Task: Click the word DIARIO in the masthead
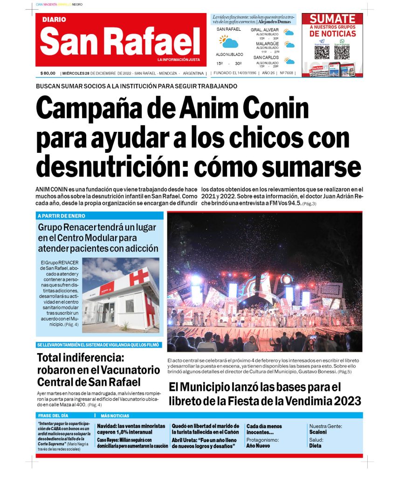click(54, 20)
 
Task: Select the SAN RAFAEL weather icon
click(229, 41)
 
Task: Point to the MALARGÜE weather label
click(267, 44)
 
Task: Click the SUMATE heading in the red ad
click(332, 19)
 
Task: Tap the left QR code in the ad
click(322, 52)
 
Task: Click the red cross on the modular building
click(139, 277)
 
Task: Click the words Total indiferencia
click(80, 359)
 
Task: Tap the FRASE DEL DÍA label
click(54, 416)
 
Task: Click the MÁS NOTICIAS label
click(115, 416)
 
